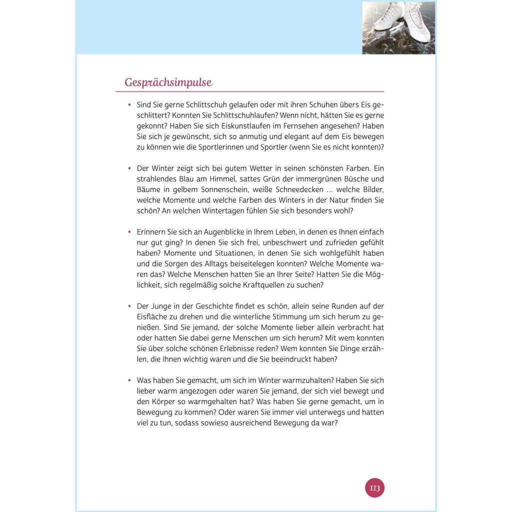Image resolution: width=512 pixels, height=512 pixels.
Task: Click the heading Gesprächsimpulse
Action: point(168,82)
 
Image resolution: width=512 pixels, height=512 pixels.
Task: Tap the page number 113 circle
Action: point(375,487)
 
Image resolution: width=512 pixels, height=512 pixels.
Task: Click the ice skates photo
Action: point(398,27)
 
